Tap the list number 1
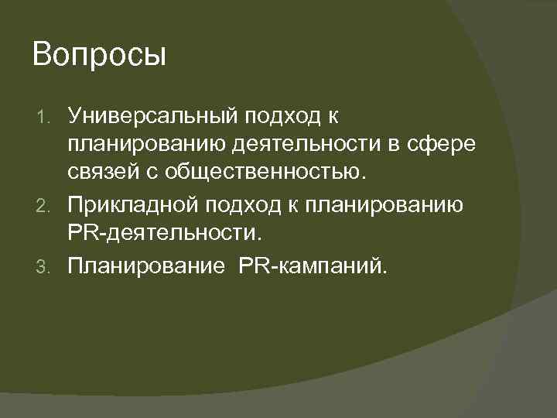45,118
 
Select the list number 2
45,205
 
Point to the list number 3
45,266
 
